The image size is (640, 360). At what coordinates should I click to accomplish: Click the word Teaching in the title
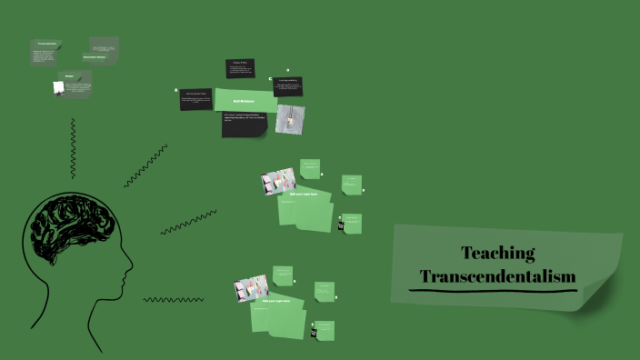pos(497,254)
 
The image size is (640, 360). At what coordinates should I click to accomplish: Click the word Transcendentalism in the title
pos(497,275)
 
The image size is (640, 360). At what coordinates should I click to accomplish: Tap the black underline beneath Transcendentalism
pos(494,291)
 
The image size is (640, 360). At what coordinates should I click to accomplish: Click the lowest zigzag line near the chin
pos(173,299)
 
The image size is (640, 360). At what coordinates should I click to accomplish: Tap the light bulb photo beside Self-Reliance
pos(290,119)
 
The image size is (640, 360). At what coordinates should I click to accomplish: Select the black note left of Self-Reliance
pos(195,98)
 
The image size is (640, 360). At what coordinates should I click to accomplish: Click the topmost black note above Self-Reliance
pos(240,68)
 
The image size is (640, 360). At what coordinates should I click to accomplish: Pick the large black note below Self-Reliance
pos(244,125)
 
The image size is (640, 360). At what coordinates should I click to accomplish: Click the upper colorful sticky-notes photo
pos(277,181)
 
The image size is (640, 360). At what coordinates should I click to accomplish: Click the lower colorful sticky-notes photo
pos(250,288)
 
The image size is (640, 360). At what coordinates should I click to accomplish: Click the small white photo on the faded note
pos(58,87)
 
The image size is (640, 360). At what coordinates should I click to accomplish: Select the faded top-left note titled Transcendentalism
pos(48,52)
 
